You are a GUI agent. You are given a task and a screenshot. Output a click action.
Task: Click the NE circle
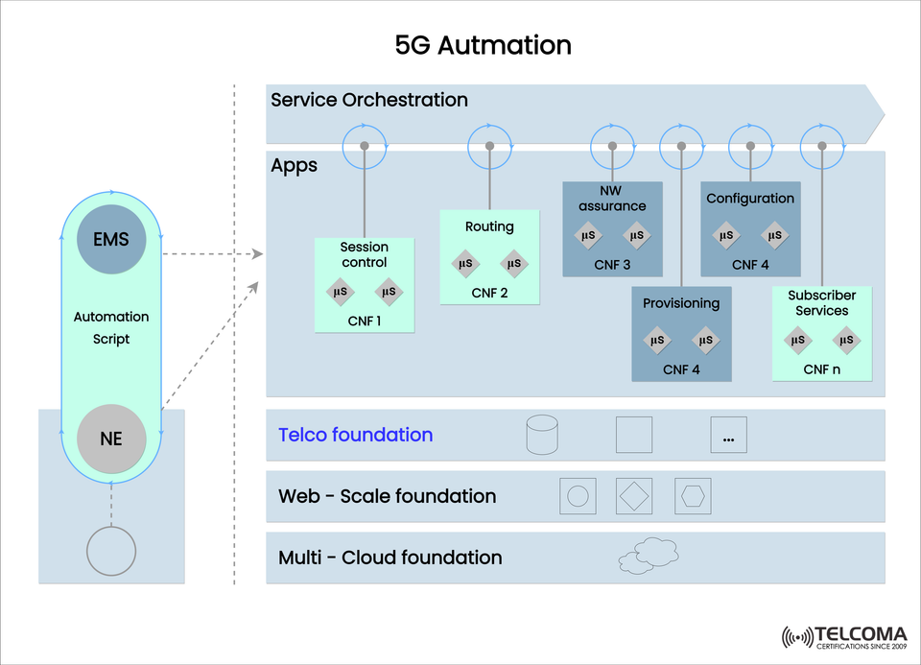tap(111, 439)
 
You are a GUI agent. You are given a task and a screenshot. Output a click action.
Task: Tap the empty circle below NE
tap(111, 552)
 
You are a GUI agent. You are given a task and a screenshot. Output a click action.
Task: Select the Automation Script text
tap(111, 327)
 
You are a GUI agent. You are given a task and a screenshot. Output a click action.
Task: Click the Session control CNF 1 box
tap(365, 285)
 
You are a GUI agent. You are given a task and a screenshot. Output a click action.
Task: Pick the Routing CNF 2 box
tap(489, 257)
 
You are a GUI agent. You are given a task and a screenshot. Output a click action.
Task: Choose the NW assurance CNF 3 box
tap(612, 229)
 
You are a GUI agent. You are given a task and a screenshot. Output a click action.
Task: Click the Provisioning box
tap(681, 334)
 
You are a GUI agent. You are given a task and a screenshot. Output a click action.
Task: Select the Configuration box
tap(750, 229)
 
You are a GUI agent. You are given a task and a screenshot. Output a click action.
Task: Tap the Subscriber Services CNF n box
tap(822, 332)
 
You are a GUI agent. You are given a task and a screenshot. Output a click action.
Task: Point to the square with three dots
tap(728, 436)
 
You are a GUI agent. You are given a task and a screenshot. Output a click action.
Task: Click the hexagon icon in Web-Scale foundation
tap(693, 496)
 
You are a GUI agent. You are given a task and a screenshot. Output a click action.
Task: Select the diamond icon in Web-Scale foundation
tap(635, 496)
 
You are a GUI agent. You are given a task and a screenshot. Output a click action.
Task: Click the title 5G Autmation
tap(483, 44)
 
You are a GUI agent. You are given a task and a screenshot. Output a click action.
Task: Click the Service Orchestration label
tap(369, 100)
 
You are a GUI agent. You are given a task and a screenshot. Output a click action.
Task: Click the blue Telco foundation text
tap(355, 435)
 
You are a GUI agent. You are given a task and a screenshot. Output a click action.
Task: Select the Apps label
tap(294, 166)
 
